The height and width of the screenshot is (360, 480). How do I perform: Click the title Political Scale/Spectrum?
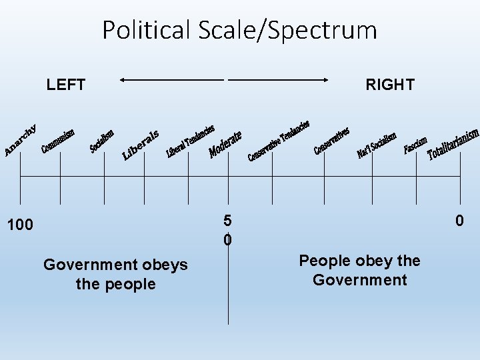(239, 30)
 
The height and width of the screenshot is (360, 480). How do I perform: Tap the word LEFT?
(66, 85)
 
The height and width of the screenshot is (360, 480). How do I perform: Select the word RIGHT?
(390, 85)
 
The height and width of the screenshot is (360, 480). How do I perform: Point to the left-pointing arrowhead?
(123, 80)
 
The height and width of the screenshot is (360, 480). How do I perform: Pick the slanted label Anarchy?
(21, 141)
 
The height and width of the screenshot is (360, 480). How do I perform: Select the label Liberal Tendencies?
(190, 141)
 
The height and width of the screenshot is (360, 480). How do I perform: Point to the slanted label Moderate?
(225, 143)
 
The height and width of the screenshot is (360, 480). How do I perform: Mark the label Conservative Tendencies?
(278, 141)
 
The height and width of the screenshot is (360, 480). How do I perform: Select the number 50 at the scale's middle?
(228, 229)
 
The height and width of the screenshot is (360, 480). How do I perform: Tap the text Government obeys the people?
(115, 275)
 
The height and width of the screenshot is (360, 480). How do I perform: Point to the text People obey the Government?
(359, 270)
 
